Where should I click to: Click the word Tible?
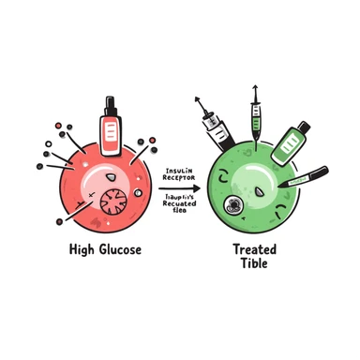point(254,263)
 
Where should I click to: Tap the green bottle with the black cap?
point(286,142)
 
